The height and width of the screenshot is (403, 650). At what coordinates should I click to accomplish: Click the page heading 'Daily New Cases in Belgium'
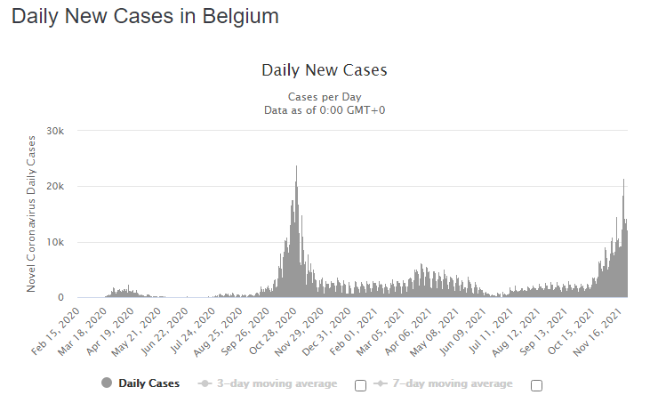point(145,17)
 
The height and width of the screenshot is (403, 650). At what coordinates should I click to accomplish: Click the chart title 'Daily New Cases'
point(325,70)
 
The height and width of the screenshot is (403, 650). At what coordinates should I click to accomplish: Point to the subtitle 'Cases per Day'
point(325,96)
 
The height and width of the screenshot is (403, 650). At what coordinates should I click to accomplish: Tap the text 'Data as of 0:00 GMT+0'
point(325,110)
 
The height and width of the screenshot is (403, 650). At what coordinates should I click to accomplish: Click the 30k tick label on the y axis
point(55,131)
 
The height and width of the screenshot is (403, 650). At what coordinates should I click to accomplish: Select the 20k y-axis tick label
point(55,187)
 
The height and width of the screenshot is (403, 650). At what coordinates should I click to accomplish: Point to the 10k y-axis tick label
point(55,242)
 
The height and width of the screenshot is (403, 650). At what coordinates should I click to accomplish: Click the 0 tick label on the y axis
point(60,298)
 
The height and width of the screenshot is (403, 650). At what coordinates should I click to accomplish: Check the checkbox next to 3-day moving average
point(360,385)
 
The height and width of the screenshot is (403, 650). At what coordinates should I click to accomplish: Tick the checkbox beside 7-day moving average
point(536,385)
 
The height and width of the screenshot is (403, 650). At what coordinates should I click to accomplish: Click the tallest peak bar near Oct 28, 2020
point(296,169)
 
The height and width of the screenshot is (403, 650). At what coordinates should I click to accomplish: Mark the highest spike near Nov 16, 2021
point(623,182)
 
